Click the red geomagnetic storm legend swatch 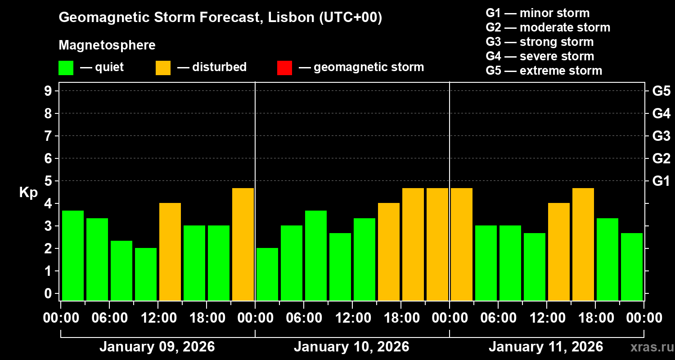pyautogui.click(x=284, y=67)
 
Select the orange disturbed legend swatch pyautogui.click(x=163, y=67)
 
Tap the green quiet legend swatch pyautogui.click(x=66, y=67)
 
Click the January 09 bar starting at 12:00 pyautogui.click(x=170, y=252)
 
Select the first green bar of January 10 pyautogui.click(x=267, y=274)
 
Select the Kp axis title pyautogui.click(x=28, y=192)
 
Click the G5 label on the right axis pyautogui.click(x=661, y=91)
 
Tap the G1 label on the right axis pyautogui.click(x=661, y=181)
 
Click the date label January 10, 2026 pyautogui.click(x=351, y=347)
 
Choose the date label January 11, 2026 pyautogui.click(x=546, y=347)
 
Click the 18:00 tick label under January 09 pyautogui.click(x=207, y=318)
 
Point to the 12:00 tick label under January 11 pyautogui.click(x=546, y=318)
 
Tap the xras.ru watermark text pyautogui.click(x=649, y=347)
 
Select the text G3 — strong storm pyautogui.click(x=540, y=42)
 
